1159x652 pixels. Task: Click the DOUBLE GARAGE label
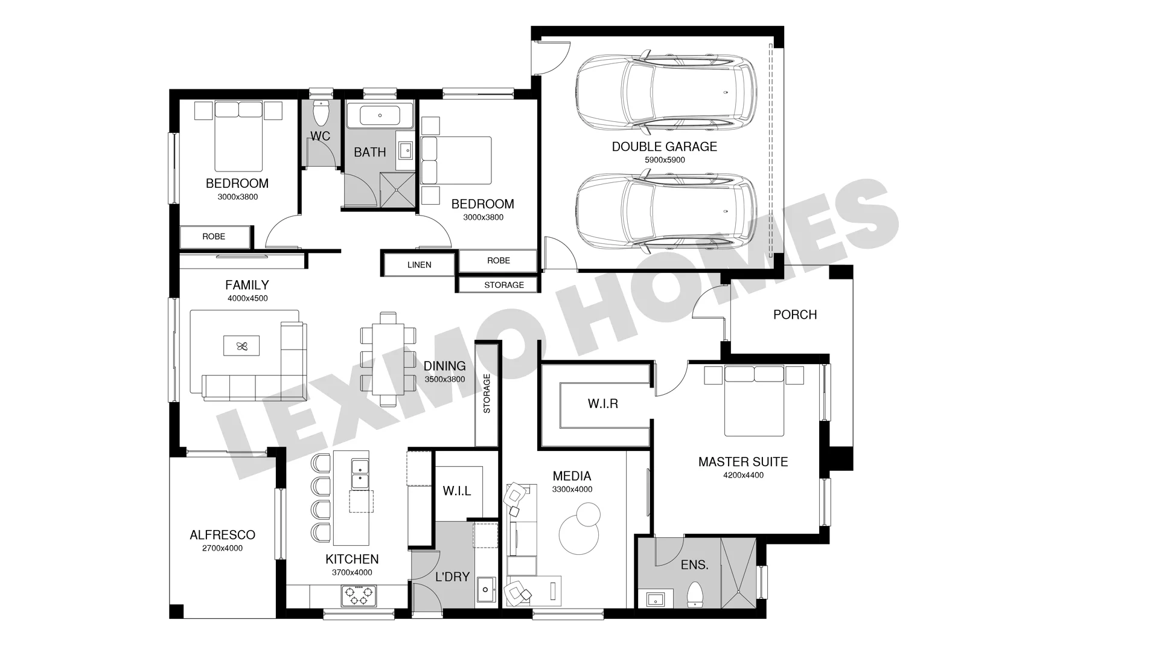[x=664, y=147]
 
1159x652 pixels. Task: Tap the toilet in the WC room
[x=320, y=112]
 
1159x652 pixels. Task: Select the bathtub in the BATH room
[x=379, y=115]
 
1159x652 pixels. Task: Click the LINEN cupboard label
[x=419, y=264]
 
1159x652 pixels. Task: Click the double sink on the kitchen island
[x=360, y=474]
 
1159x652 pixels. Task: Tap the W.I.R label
[x=603, y=403]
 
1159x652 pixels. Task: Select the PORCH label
[x=795, y=315]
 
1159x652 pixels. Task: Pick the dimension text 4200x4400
[x=743, y=475]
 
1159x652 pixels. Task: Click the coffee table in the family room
[x=242, y=346]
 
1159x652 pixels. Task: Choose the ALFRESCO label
[x=222, y=535]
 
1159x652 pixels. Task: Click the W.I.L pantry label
[x=457, y=491]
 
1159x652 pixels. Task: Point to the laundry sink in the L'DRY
[x=485, y=589]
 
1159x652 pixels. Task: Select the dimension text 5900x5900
[x=665, y=160]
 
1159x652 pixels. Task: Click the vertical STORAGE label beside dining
[x=487, y=394]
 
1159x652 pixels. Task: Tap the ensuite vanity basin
[x=655, y=599]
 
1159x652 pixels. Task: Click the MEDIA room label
[x=572, y=476]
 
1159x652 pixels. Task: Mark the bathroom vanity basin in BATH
[x=405, y=149]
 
